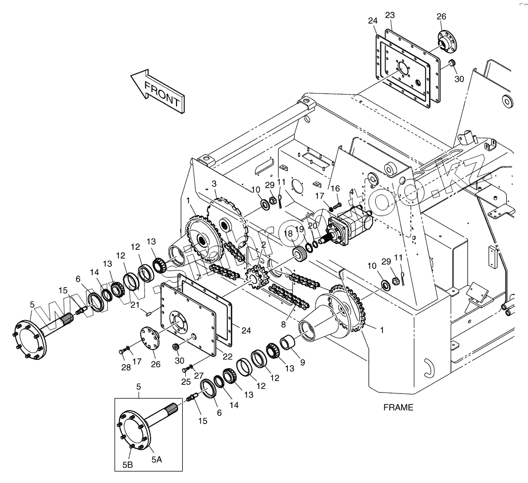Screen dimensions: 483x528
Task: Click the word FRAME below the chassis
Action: pos(398,407)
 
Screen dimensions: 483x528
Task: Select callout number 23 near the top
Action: pos(390,16)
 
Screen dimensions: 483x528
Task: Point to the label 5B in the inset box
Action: pos(128,465)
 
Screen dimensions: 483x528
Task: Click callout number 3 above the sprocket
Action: pos(214,184)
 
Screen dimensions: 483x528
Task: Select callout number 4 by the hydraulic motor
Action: pos(351,192)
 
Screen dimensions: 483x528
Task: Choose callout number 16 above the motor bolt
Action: pos(335,188)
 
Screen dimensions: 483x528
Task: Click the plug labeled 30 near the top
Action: pos(451,64)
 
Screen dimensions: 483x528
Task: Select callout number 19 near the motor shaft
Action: pos(300,229)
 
